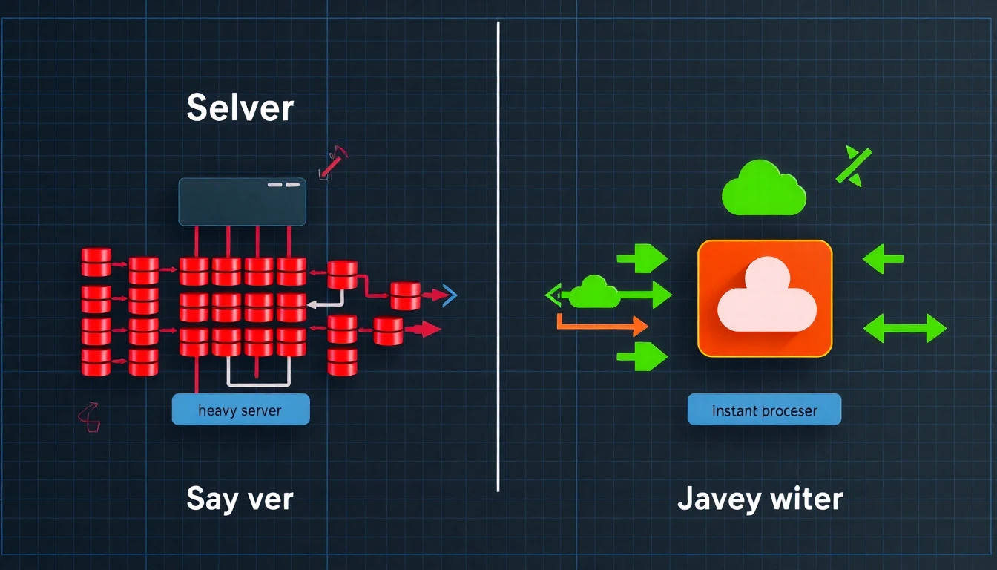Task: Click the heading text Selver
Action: tap(240, 108)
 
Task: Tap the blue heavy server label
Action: tap(240, 410)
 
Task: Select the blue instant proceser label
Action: tap(764, 410)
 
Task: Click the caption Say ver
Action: tap(240, 499)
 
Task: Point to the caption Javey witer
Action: tap(760, 499)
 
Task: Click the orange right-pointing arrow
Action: tap(601, 324)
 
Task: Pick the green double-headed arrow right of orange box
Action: tap(905, 327)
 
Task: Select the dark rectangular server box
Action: tap(242, 201)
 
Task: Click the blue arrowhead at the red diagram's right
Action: tap(450, 295)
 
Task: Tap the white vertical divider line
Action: tap(498, 256)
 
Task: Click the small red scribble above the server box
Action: tap(332, 163)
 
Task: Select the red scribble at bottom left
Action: tap(89, 418)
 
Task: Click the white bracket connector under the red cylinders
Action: tap(258, 375)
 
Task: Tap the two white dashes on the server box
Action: tap(283, 184)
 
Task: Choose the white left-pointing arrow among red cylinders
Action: tap(323, 302)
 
